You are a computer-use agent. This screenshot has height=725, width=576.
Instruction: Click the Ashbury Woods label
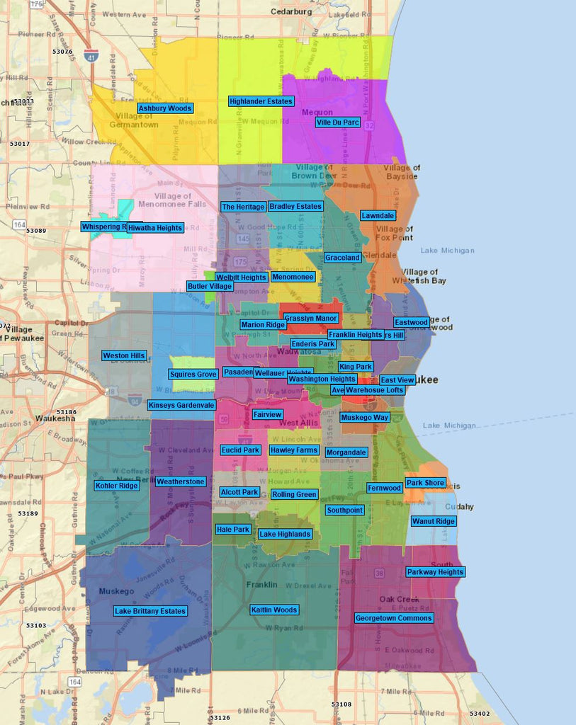[x=164, y=108]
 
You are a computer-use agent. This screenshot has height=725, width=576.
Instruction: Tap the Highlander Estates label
[x=261, y=101]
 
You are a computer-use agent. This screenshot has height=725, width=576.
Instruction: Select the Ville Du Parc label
[x=337, y=122]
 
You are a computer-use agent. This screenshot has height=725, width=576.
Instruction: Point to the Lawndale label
[x=378, y=215]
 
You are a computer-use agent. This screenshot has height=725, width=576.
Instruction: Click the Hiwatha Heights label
[x=155, y=228]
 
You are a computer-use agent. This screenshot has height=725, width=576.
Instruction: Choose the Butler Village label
[x=209, y=286]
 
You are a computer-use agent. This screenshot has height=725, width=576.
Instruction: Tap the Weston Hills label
[x=124, y=355]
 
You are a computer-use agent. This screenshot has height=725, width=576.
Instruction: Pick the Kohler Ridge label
[x=116, y=486]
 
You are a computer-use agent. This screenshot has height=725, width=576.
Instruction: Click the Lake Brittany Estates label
[x=150, y=611]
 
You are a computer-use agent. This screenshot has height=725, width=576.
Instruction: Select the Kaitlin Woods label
[x=274, y=610]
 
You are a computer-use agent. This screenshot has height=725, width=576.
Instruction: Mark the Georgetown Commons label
[x=393, y=618]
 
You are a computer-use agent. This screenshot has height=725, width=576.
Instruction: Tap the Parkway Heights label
[x=435, y=572]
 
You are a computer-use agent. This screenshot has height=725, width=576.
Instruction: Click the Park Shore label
[x=425, y=483]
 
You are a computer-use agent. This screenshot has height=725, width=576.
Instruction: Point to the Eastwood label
[x=412, y=322]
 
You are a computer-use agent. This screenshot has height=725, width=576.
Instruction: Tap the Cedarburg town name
[x=290, y=12]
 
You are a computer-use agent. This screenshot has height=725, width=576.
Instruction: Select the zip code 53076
[x=62, y=52]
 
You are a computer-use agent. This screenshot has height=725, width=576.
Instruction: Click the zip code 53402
[x=479, y=714]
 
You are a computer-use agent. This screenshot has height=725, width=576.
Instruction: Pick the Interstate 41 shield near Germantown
[x=90, y=56]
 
